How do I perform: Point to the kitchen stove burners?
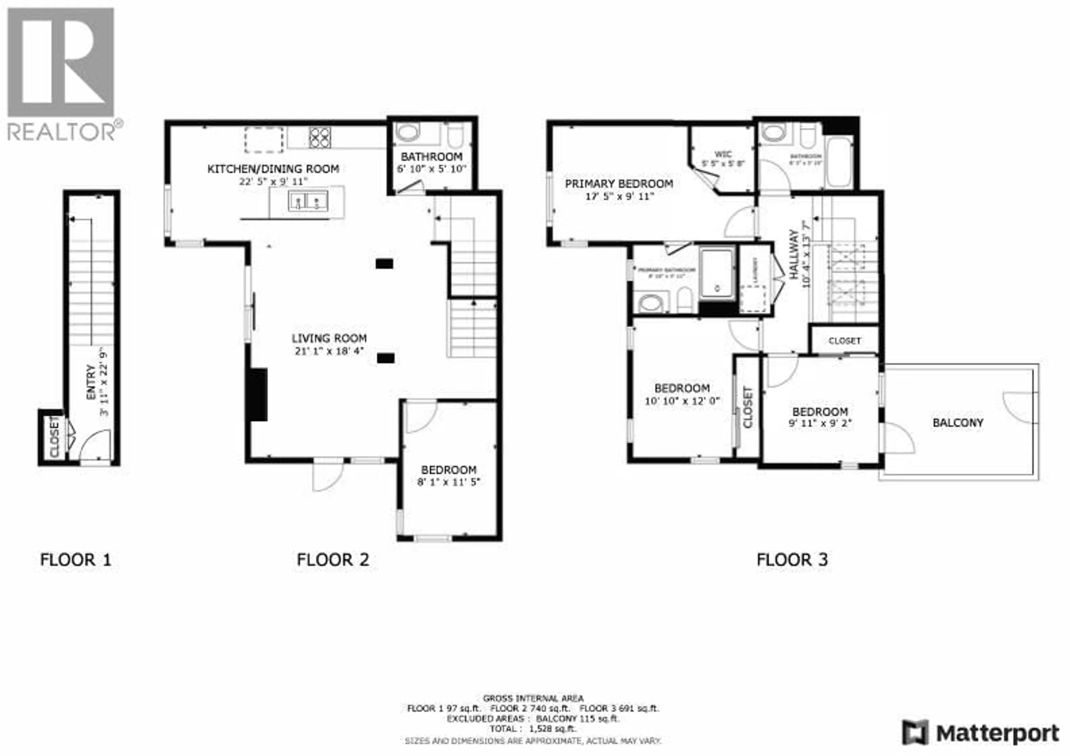point(320,137)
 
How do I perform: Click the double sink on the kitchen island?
point(308,201)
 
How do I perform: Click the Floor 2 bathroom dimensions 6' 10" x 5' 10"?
point(432,169)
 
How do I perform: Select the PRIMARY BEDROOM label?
point(619,184)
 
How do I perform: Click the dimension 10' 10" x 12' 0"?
point(682,401)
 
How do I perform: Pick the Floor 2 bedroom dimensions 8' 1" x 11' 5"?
point(448,482)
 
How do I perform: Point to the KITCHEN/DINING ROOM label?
point(273,169)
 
